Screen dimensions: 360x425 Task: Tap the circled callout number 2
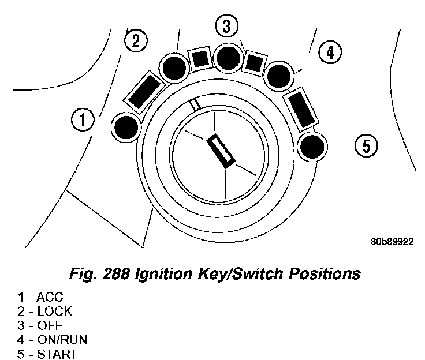(x=136, y=40)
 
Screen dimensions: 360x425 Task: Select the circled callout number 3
(x=226, y=26)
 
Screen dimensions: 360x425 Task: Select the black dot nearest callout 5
(x=312, y=147)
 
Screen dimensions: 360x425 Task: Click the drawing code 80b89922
(x=392, y=242)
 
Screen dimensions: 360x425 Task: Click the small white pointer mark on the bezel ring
(x=196, y=104)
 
